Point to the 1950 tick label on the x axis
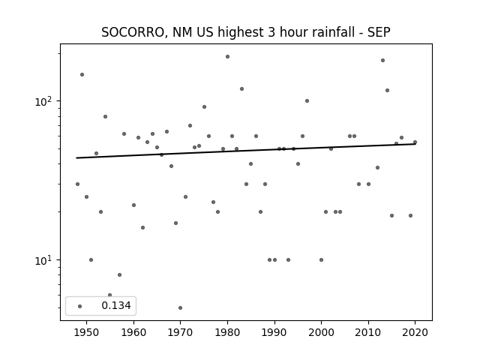coord(87,332)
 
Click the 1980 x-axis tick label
coord(227,332)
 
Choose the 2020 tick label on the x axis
coord(415,332)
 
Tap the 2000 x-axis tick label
coord(321,332)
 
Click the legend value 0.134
coord(116,305)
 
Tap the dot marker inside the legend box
coord(80,306)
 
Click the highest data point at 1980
coord(227,57)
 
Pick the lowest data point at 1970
coord(180,307)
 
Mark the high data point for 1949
coord(82,75)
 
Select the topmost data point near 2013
coord(382,60)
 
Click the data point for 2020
coord(415,142)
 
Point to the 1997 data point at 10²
coord(307,100)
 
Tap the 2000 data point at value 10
coord(321,260)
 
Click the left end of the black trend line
coord(76,158)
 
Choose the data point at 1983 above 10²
coord(241,88)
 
